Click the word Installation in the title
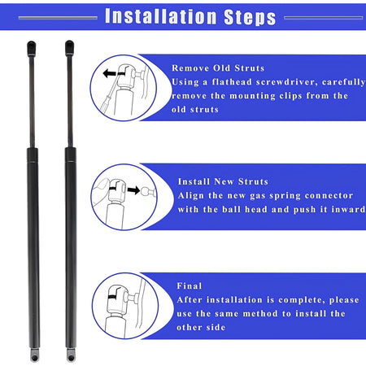click(161, 16)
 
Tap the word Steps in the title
click(250, 17)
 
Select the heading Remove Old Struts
click(218, 68)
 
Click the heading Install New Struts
click(223, 181)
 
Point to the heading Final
click(190, 285)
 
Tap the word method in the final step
click(260, 314)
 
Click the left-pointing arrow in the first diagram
click(110, 73)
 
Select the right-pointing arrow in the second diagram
click(133, 190)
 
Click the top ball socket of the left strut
click(32, 48)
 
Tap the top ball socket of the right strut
click(69, 48)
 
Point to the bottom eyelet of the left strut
click(34, 355)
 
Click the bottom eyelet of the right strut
click(71, 355)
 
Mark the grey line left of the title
click(58, 18)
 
